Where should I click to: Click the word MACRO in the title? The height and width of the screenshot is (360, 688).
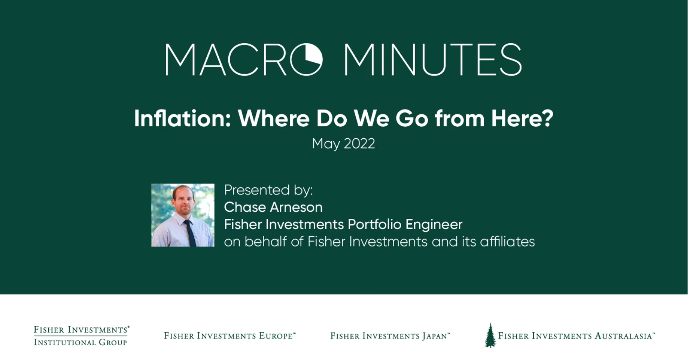coord(244,59)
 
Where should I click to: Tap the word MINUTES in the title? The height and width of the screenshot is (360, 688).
coord(433,59)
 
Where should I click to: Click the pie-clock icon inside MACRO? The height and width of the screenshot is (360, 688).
coord(306,59)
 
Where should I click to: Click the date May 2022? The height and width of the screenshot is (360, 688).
coord(343,144)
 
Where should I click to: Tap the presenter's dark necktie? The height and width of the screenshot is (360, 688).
coord(190,233)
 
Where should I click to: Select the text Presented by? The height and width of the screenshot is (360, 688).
coord(268,190)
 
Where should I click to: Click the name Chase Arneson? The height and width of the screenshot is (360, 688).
coord(273,207)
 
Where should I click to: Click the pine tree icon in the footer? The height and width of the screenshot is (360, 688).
coord(490,335)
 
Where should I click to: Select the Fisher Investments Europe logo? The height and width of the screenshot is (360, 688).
coord(230,336)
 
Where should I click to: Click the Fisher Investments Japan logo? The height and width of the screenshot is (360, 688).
coord(390,336)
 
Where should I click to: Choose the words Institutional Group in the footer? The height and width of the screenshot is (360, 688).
coord(80,342)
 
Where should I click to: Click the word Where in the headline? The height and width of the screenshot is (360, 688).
coord(273,118)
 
